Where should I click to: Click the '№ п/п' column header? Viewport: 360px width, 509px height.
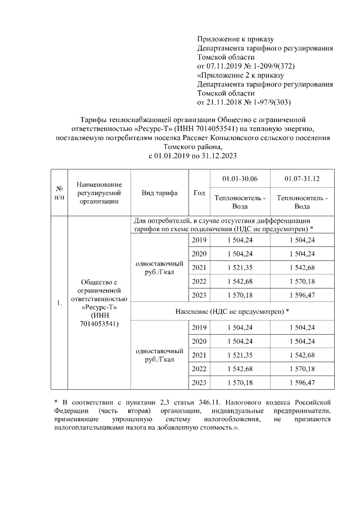(59, 192)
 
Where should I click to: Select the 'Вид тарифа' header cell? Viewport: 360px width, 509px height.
(160, 193)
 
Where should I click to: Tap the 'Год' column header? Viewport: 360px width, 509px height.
(199, 193)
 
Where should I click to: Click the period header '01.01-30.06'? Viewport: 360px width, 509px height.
(240, 179)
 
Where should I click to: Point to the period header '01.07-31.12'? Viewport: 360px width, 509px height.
(301, 179)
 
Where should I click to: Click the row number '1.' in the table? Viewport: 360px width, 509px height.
(59, 304)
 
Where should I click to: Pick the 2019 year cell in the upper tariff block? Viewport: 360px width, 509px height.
(199, 240)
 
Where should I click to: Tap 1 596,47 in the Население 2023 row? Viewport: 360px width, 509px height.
(301, 382)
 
